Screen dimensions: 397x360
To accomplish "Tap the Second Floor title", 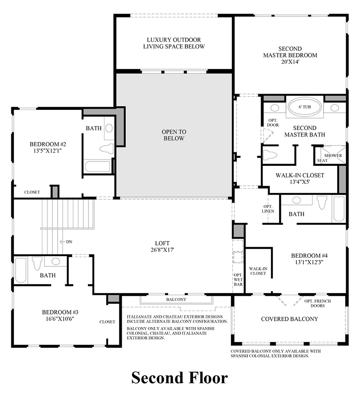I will [179, 378].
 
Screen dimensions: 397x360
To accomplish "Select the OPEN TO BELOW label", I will [175, 135].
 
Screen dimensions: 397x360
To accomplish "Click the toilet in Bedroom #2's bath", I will [106, 149].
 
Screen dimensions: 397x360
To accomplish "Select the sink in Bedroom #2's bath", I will [109, 128].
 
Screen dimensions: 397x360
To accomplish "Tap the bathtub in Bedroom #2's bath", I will [97, 166].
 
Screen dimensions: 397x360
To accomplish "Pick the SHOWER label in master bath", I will [333, 155].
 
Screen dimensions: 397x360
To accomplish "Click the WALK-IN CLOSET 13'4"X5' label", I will [300, 178].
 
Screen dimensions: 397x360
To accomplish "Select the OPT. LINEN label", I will [268, 208].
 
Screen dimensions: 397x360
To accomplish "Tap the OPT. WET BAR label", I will [238, 280].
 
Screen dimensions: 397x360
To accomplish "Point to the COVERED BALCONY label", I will [290, 319].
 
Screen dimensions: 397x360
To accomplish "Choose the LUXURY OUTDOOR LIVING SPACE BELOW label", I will [174, 43].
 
